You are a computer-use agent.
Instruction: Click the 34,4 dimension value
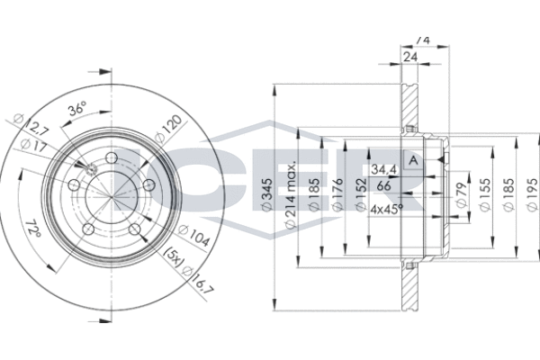pos(383,169)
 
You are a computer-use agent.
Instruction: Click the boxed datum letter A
pos(412,161)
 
